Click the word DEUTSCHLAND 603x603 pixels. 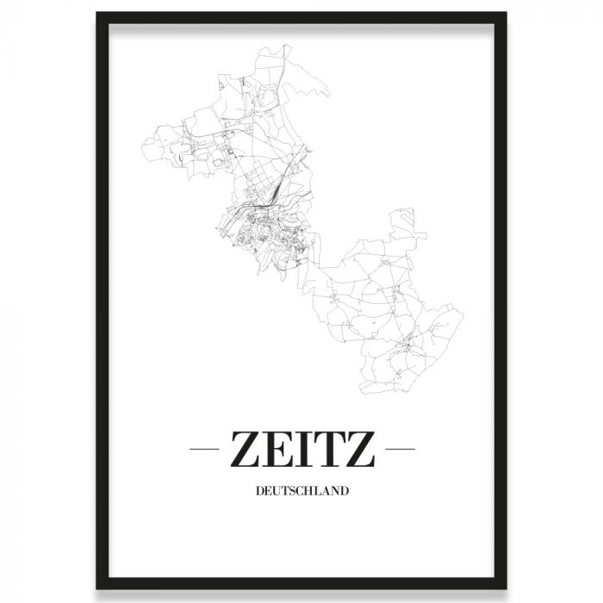pyautogui.click(x=301, y=493)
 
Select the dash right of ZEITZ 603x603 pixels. pyautogui.click(x=401, y=449)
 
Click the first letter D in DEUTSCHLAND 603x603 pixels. pyautogui.click(x=260, y=493)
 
